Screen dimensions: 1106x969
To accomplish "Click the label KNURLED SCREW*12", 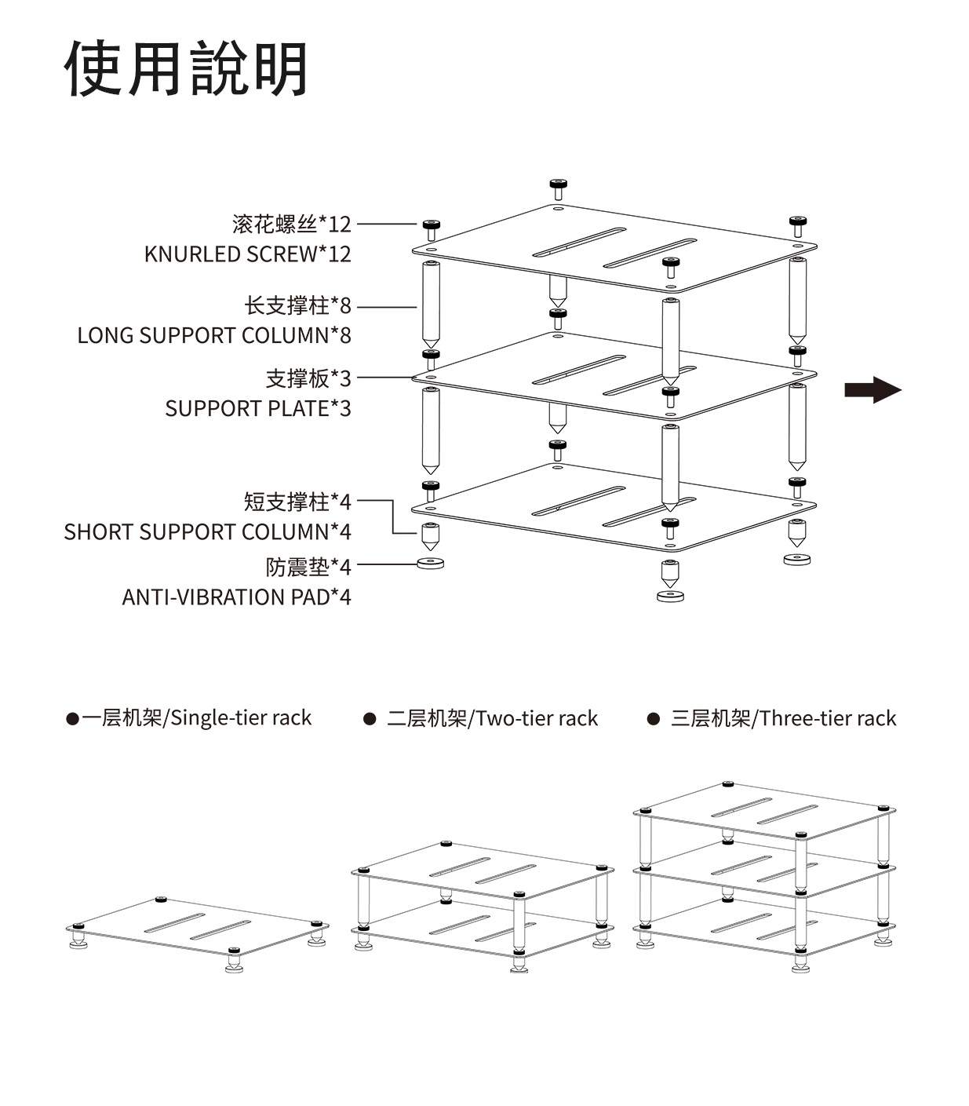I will [247, 254].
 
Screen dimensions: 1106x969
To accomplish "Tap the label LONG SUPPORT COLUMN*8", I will [213, 336].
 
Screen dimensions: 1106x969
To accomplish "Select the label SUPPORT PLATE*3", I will [257, 409].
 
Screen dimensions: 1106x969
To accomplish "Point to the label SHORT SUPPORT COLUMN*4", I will [207, 532].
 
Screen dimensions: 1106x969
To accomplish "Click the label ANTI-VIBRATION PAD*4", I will [236, 597].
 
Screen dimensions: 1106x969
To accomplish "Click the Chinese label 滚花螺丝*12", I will [291, 224].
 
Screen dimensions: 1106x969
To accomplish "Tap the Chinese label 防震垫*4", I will [308, 566].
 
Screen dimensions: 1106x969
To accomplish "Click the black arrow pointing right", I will [872, 390].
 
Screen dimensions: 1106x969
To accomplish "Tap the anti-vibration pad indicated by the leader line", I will [430, 564].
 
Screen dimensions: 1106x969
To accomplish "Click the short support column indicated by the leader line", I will [430, 535].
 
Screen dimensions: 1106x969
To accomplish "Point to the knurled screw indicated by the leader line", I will [431, 230].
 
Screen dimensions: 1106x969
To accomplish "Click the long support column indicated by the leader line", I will [431, 305].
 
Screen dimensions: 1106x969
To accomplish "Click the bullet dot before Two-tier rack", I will [370, 719].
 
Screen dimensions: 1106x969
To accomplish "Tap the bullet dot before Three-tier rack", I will [653, 719].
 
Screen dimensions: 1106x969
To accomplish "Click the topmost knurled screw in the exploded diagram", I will [558, 188].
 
